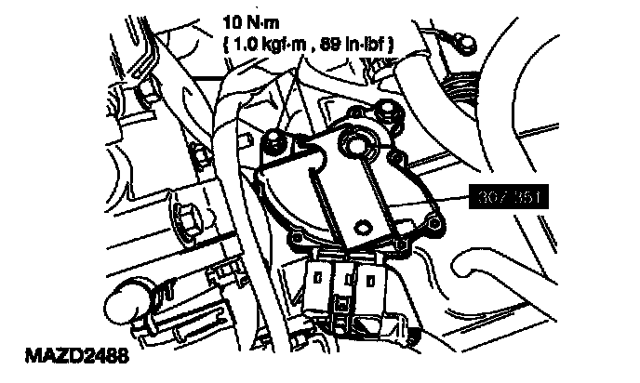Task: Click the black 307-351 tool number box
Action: tap(510, 197)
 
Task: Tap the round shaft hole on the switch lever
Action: tap(354, 141)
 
